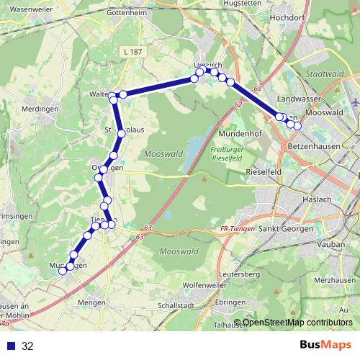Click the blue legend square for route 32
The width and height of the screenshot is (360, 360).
tap(11, 346)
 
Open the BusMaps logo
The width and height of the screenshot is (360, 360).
tap(325, 345)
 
